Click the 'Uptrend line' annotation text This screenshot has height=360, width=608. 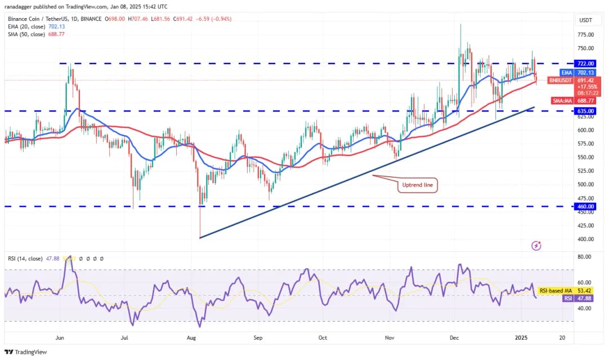coord(418,185)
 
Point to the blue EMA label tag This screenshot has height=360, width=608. coord(566,73)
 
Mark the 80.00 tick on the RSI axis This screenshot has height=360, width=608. coord(584,256)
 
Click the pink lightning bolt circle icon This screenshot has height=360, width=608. coord(537,246)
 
